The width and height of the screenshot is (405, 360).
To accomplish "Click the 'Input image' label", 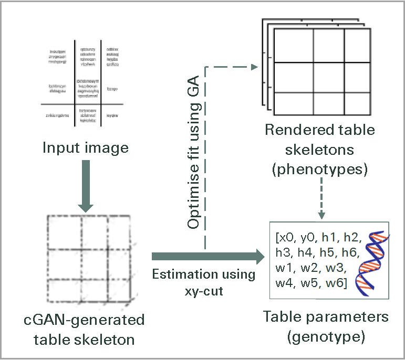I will coord(85,148).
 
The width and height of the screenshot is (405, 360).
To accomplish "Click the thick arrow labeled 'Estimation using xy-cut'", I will coord(207,257).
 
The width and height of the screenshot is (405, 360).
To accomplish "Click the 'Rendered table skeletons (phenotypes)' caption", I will coord(319,150).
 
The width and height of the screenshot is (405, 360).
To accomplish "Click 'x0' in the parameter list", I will coord(287,235).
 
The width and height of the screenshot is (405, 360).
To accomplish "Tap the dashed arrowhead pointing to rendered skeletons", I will coord(255,67).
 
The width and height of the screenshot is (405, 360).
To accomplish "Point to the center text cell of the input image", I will coord(88,89).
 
